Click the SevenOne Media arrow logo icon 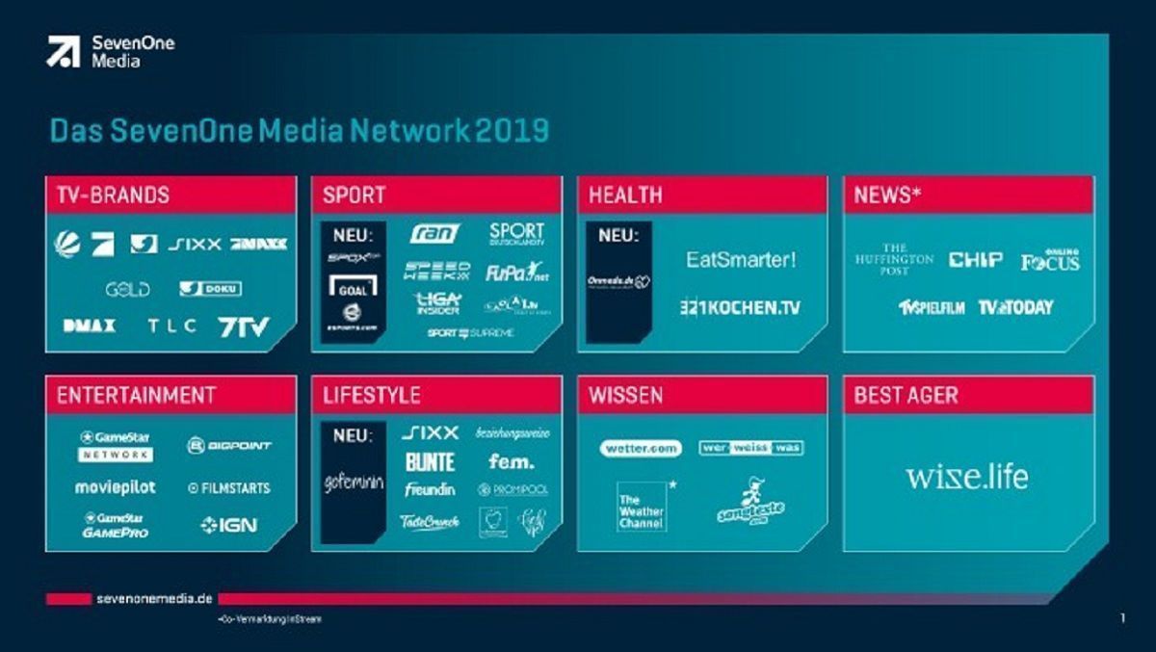click(x=63, y=51)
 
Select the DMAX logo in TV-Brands click(x=90, y=326)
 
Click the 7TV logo click(x=245, y=326)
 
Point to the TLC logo click(x=171, y=326)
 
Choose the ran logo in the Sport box click(x=434, y=233)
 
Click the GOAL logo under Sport click(x=353, y=285)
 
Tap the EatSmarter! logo click(x=742, y=259)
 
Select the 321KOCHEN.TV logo click(x=739, y=307)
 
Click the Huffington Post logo click(x=894, y=259)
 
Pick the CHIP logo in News click(x=976, y=260)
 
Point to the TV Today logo click(x=1015, y=307)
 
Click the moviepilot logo click(x=115, y=487)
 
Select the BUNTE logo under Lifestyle click(x=430, y=462)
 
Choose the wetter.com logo click(x=641, y=448)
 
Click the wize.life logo click(x=966, y=477)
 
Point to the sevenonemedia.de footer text click(x=153, y=599)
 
